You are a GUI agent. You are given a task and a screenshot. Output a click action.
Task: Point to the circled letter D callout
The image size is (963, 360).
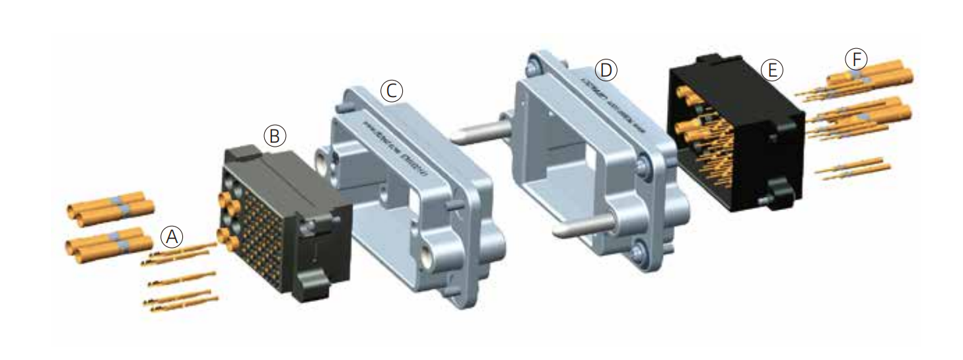click(x=605, y=70)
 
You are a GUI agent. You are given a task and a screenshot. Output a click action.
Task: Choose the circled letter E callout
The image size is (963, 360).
click(x=771, y=69)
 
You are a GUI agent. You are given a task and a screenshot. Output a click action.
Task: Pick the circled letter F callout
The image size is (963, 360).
click(x=856, y=59)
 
